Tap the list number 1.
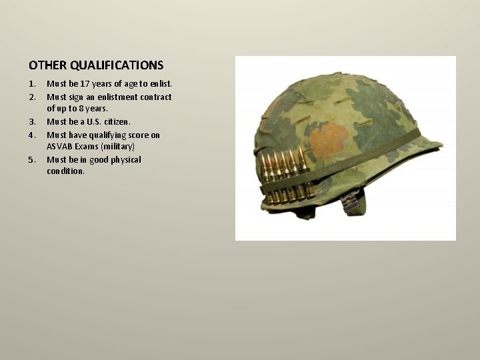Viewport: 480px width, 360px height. (x=32, y=84)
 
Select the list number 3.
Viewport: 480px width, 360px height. (x=32, y=122)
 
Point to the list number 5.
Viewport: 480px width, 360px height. (x=32, y=160)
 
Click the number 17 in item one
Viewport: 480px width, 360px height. (x=84, y=84)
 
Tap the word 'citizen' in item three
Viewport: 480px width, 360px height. (x=116, y=122)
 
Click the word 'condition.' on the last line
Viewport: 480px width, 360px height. (x=65, y=172)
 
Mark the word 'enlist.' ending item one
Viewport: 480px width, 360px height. (x=159, y=84)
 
